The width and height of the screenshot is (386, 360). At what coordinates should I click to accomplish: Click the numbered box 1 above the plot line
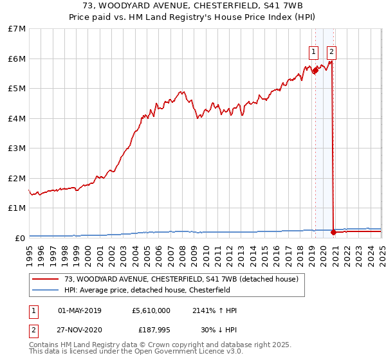click(x=313, y=52)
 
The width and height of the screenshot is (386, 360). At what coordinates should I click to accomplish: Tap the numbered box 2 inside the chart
click(x=331, y=52)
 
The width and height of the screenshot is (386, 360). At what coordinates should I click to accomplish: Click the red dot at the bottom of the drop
click(x=333, y=232)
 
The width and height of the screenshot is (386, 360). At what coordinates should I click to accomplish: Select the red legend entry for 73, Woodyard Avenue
click(x=181, y=279)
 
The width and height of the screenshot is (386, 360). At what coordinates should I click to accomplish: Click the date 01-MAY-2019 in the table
click(x=80, y=310)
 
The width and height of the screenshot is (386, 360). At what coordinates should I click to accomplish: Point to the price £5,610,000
click(x=151, y=310)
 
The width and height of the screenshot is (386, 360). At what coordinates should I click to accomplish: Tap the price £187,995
click(x=155, y=330)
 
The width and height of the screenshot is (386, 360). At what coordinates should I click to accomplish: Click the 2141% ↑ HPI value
click(x=214, y=310)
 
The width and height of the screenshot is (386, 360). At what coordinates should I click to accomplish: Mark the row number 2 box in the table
click(x=33, y=330)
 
